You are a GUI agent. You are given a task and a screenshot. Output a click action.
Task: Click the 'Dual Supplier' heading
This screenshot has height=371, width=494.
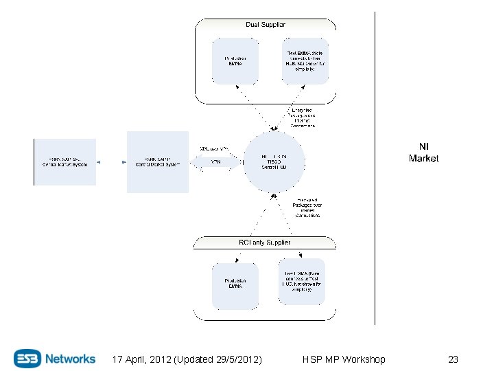(266, 25)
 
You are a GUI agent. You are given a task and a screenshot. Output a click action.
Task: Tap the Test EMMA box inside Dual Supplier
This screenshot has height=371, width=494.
(305, 61)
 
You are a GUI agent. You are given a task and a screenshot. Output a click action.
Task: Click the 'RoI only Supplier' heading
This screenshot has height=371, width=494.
(266, 243)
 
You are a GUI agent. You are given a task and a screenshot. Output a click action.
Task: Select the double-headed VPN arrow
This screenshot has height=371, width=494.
(215, 162)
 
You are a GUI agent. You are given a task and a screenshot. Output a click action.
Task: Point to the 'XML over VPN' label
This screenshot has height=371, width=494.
(213, 148)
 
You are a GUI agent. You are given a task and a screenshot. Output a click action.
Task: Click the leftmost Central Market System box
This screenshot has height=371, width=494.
(65, 162)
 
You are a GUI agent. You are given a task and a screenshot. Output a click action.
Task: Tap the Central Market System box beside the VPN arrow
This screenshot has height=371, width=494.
(157, 162)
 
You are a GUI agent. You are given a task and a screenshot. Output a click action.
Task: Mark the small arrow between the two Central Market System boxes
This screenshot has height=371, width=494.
(111, 162)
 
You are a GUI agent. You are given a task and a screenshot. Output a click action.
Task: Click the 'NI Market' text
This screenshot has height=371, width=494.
(423, 153)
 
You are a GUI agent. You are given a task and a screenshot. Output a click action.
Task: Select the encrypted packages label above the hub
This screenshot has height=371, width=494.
(301, 118)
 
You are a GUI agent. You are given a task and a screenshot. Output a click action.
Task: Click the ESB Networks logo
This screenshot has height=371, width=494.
(55, 358)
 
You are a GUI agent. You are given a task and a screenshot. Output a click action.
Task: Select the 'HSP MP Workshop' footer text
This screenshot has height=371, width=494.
(344, 359)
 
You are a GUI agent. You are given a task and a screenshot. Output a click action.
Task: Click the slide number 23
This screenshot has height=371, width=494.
(453, 359)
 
